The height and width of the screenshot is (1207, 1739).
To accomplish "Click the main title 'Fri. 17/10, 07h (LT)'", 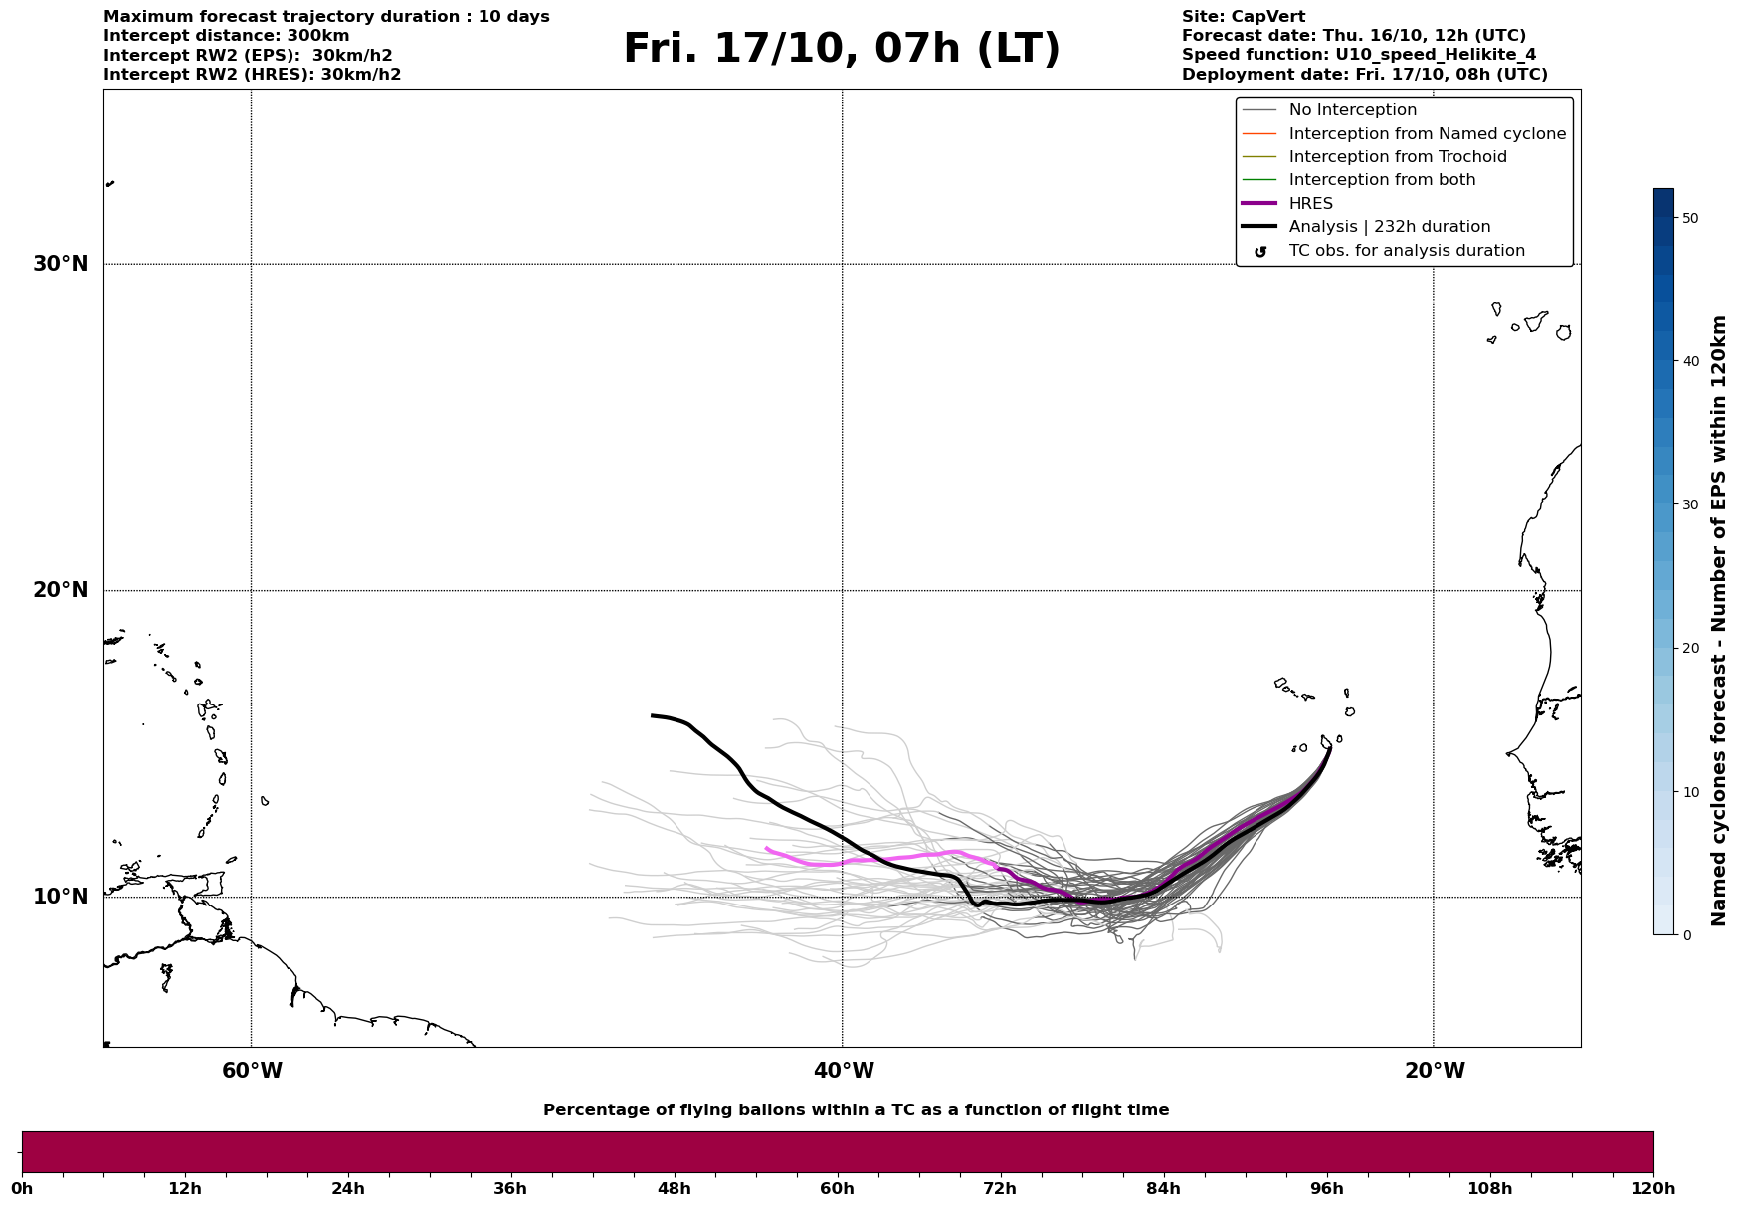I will [842, 49].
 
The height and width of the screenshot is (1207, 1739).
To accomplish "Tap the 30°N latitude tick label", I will [61, 264].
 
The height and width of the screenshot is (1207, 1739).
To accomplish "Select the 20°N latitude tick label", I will [61, 590].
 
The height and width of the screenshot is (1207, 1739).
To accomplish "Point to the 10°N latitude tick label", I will [61, 897].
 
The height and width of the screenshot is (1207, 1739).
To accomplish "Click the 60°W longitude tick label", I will [252, 1071].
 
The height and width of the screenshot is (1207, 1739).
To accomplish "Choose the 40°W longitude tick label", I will [844, 1071].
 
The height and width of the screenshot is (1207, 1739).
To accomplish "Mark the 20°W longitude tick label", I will [1435, 1071].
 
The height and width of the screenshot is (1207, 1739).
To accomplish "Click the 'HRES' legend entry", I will [1310, 204].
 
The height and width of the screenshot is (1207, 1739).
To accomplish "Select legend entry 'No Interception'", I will [1352, 110].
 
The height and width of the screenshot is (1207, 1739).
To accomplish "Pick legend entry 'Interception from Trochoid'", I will [1397, 157].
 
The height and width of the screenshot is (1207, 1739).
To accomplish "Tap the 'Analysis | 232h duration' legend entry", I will [1389, 227].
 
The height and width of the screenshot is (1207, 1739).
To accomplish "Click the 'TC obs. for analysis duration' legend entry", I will [1406, 251].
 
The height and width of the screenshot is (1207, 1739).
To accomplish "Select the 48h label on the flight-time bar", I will [674, 1188].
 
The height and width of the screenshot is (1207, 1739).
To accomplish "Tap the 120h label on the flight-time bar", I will [1653, 1188].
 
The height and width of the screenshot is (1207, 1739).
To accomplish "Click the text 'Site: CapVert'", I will [1243, 17].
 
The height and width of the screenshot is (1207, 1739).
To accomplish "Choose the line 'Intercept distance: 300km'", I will [226, 36].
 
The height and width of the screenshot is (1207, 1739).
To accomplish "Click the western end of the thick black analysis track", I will [653, 715].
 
